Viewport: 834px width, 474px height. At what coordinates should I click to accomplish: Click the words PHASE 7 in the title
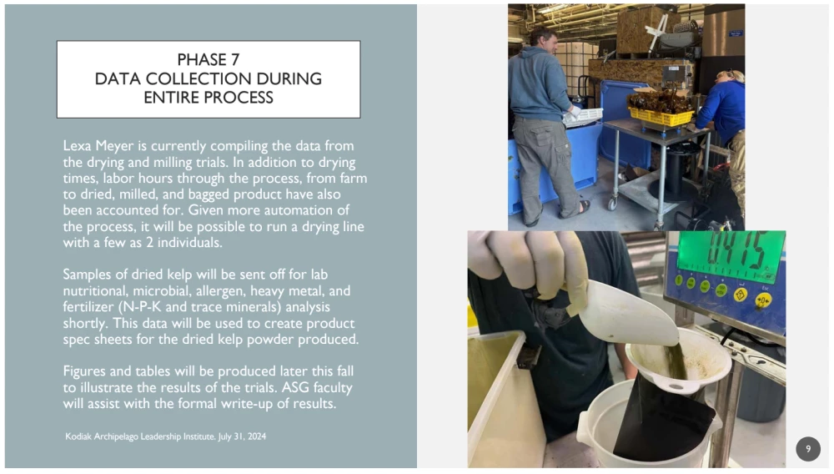(208, 59)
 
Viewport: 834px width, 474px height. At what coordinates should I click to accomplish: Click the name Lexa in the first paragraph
(77, 146)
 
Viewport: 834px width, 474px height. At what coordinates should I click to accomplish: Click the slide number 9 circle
(808, 449)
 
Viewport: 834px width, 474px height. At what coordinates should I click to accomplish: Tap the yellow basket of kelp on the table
(661, 116)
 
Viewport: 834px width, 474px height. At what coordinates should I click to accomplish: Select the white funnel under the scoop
(677, 361)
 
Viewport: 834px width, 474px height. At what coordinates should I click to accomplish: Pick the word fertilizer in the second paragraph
(88, 307)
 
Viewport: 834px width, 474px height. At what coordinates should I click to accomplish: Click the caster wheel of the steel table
(613, 203)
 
